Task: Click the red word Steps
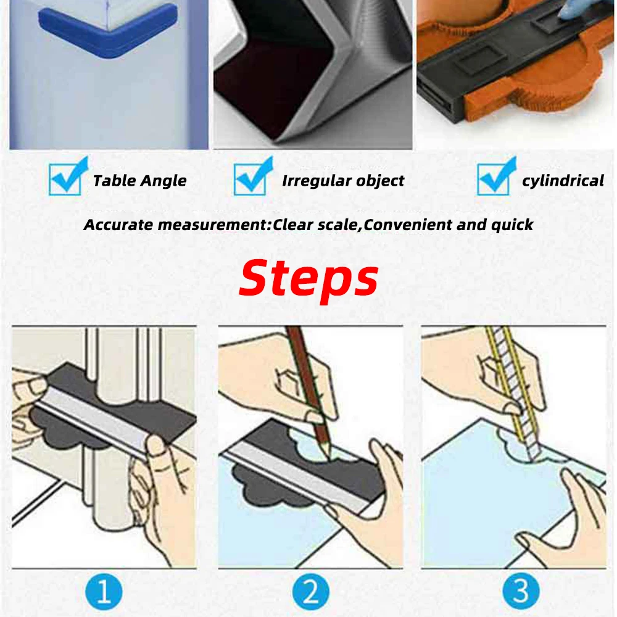(308, 278)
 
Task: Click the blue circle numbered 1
(104, 592)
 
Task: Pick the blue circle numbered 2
(310, 592)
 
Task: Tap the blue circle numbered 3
(521, 592)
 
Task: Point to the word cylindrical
(563, 181)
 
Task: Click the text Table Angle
(139, 181)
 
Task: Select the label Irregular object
(343, 181)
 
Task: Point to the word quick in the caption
(512, 225)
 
